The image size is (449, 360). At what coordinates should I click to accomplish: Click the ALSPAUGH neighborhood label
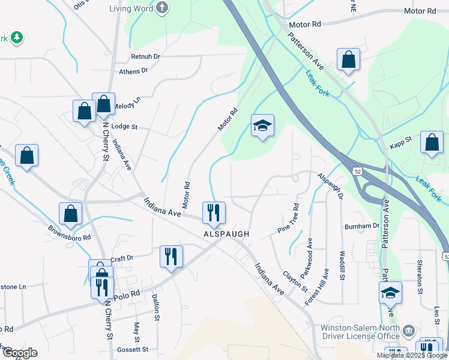click(226, 233)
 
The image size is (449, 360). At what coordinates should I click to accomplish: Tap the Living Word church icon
click(162, 8)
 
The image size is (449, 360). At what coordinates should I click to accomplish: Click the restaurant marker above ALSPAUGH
click(214, 212)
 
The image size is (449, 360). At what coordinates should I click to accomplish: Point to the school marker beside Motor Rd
click(262, 125)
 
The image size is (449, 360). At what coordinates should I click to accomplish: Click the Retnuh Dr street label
click(146, 57)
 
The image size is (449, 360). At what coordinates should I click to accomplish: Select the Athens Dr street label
click(133, 71)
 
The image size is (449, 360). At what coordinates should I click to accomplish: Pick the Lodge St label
click(125, 127)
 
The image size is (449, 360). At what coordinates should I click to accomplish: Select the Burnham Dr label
click(361, 226)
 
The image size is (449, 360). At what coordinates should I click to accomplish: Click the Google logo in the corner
click(19, 353)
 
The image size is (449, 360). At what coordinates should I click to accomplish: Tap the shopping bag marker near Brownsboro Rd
click(70, 214)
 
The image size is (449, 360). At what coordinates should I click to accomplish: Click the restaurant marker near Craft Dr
click(171, 256)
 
